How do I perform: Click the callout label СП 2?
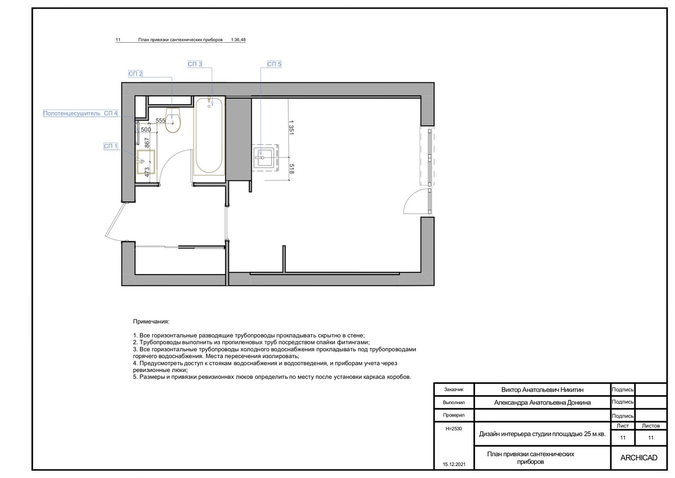click(x=135, y=74)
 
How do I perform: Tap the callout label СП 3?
click(x=195, y=64)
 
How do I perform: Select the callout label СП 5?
click(x=274, y=64)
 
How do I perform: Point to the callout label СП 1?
click(x=111, y=146)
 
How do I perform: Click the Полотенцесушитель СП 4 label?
click(x=80, y=113)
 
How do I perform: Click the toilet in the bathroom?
click(x=173, y=119)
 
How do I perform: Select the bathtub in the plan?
click(x=209, y=136)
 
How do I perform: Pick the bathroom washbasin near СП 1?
click(x=145, y=162)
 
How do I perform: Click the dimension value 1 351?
click(x=291, y=127)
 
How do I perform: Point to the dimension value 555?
click(x=160, y=121)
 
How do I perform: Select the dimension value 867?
click(x=147, y=143)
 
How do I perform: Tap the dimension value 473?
click(x=147, y=172)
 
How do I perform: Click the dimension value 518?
click(x=291, y=169)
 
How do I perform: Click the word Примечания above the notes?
click(x=151, y=321)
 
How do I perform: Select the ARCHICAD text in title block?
click(x=638, y=458)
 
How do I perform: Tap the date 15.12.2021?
click(x=454, y=464)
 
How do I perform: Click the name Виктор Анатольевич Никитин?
click(x=542, y=390)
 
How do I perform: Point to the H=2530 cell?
click(x=453, y=428)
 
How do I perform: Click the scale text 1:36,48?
click(x=238, y=39)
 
